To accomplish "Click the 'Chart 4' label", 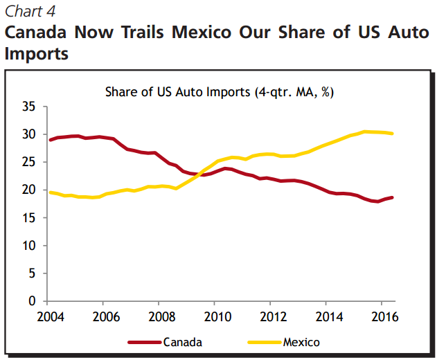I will pyautogui.click(x=31, y=11).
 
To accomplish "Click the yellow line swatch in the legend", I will pyautogui.click(x=263, y=341).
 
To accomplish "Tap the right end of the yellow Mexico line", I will pyautogui.click(x=393, y=133).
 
